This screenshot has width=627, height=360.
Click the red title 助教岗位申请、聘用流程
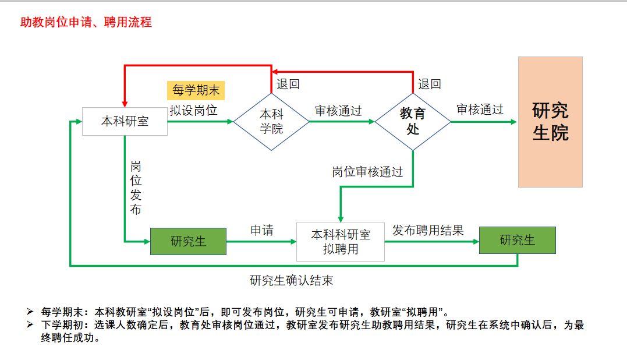coord(86,23)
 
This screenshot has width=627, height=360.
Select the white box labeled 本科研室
coord(125,122)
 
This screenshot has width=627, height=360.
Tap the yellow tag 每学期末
coord(196,90)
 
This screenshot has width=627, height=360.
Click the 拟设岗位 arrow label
coord(194,110)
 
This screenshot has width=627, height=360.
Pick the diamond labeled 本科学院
coord(271,122)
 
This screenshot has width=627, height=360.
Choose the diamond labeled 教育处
coord(413,121)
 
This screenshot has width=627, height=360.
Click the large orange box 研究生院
coord(550,122)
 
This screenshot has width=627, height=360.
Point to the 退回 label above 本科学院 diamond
coord(288,84)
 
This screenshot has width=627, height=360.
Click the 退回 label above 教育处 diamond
coord(430,84)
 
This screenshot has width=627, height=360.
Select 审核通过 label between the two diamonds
coord(338,111)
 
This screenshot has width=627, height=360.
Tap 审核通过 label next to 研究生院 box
coord(480,110)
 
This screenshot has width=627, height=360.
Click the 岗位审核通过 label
coord(367,172)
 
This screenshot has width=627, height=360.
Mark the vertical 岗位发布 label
coord(136,188)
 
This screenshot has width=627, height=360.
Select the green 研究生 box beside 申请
coord(189,241)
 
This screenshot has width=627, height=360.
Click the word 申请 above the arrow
coord(262,230)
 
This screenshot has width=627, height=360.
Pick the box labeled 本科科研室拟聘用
coord(341,242)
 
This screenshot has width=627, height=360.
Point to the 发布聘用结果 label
coord(428,230)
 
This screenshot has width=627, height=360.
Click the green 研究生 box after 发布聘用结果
coord(517,240)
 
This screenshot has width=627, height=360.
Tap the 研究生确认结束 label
coord(291,280)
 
